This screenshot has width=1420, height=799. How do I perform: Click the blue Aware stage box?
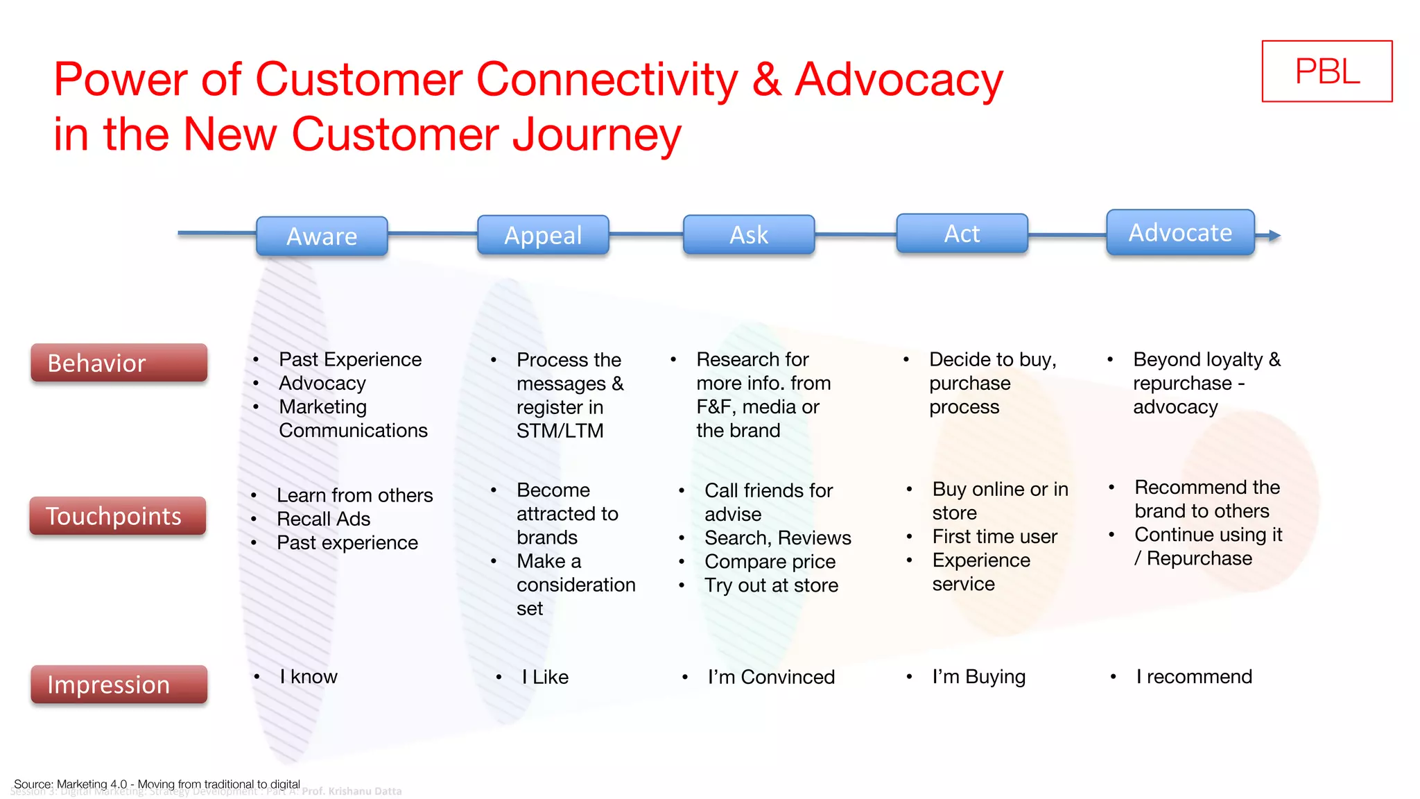(x=322, y=237)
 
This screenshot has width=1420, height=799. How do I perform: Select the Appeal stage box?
(x=543, y=235)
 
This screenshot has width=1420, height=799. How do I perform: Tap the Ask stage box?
(x=749, y=234)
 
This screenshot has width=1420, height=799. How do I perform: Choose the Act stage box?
(x=962, y=233)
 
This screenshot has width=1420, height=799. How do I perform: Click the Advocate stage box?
(x=1180, y=232)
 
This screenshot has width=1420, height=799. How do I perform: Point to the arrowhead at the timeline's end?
(x=1274, y=236)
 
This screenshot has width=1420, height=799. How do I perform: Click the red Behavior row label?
(x=119, y=363)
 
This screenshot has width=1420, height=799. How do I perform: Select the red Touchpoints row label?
(x=117, y=516)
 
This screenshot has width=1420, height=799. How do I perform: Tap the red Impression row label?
(x=119, y=685)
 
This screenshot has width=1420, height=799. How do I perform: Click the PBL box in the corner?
(x=1326, y=71)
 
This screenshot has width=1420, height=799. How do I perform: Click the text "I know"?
(x=308, y=676)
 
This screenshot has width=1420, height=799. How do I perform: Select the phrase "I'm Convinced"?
(x=770, y=677)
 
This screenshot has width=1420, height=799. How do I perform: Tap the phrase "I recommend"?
(x=1193, y=676)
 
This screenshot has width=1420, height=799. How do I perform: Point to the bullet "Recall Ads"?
(x=323, y=519)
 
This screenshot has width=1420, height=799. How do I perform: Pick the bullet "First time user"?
(x=994, y=536)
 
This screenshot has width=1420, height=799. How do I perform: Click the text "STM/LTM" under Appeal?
(x=560, y=431)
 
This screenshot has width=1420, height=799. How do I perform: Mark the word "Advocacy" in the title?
(x=899, y=80)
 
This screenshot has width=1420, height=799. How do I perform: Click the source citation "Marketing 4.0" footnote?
(x=157, y=784)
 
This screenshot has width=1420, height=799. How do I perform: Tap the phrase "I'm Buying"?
(x=978, y=676)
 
